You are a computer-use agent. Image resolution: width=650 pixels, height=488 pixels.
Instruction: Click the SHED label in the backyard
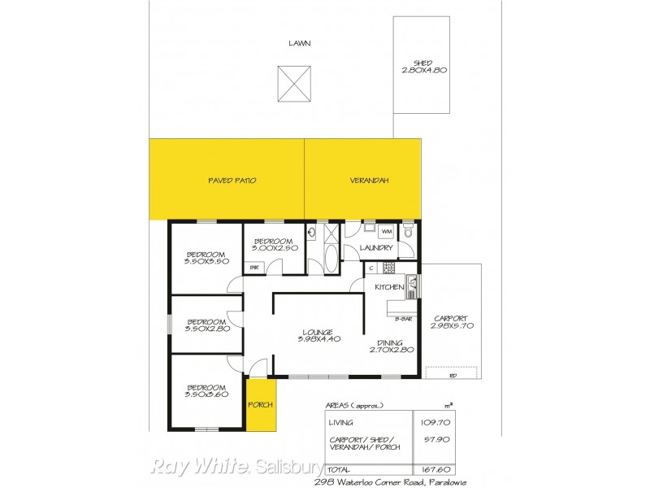pyautogui.click(x=422, y=63)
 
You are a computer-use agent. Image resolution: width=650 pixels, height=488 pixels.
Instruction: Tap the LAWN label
pyautogui.click(x=299, y=43)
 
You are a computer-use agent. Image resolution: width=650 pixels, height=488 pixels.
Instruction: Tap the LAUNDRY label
pyautogui.click(x=376, y=247)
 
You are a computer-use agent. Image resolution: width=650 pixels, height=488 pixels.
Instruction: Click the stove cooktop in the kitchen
pyautogui.click(x=388, y=268)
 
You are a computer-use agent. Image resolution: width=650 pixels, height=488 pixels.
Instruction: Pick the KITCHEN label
pyautogui.click(x=389, y=287)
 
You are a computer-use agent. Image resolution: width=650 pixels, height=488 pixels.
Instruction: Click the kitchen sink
pyautogui.click(x=412, y=284)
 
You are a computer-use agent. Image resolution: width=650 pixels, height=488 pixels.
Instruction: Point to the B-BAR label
pyautogui.click(x=404, y=319)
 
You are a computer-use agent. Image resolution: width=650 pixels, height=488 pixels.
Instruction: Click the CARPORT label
pyautogui.click(x=448, y=318)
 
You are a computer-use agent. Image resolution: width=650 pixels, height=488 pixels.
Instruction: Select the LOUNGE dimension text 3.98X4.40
pyautogui.click(x=318, y=339)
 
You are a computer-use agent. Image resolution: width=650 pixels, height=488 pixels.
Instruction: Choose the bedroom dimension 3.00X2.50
pyautogui.click(x=272, y=249)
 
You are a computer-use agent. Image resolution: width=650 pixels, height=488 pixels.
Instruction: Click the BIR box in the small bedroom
pyautogui.click(x=254, y=267)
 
